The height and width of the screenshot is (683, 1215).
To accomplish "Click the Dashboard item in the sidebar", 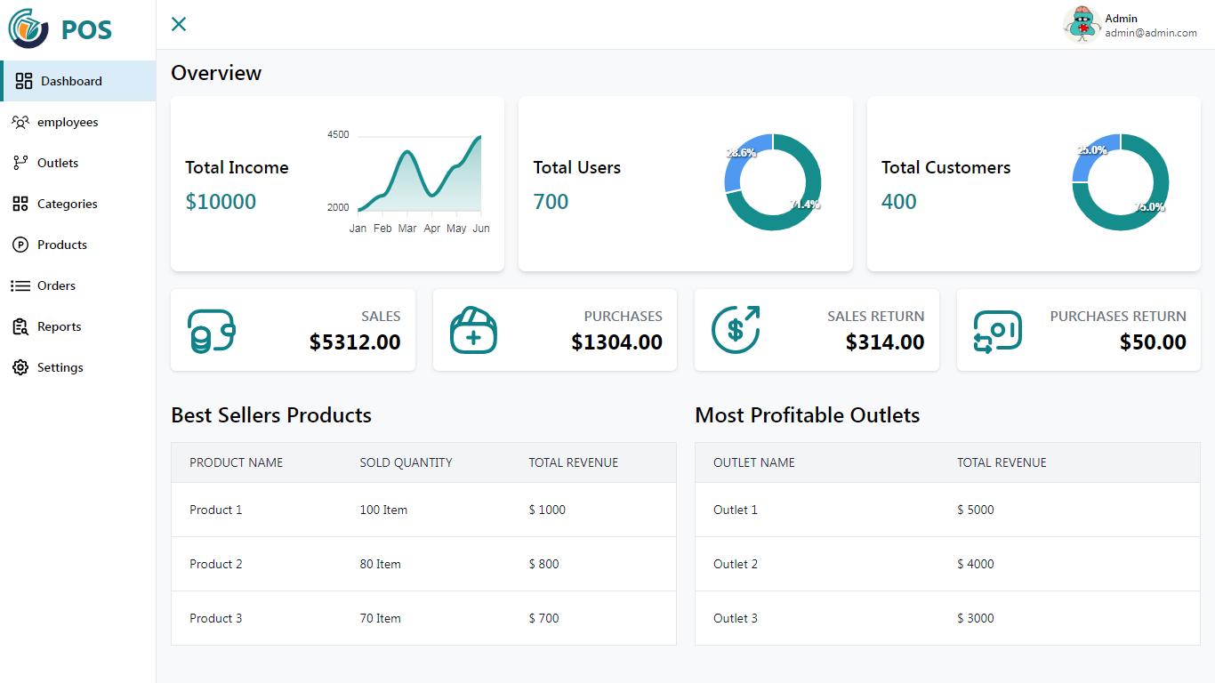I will [71, 81].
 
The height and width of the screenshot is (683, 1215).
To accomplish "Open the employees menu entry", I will [68, 122].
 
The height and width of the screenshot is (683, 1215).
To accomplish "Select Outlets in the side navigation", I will [58, 163].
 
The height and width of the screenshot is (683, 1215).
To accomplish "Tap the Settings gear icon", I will [20, 367].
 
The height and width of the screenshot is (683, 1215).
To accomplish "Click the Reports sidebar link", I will [59, 326].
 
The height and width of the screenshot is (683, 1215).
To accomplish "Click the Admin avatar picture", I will [1082, 25].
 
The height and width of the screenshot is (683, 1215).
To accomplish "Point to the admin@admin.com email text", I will [1151, 33].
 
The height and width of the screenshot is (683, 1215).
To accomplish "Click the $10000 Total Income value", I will [221, 202].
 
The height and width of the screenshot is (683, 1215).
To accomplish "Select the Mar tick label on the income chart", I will [407, 229].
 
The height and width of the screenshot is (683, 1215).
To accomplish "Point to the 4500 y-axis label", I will [338, 135].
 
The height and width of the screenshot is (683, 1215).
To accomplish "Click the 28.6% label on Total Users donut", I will [741, 153].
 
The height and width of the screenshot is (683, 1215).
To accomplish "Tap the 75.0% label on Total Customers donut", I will [1149, 207].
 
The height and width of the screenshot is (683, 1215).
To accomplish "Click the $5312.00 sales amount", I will [355, 342].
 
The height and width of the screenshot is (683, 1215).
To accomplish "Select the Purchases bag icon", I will [473, 330].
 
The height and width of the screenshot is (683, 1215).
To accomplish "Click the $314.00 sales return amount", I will [884, 342].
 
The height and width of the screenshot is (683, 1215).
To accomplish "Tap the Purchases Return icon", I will [997, 330].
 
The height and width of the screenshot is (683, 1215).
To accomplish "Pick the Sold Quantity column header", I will [406, 462].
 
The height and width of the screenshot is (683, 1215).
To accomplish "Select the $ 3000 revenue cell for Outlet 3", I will [976, 618].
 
